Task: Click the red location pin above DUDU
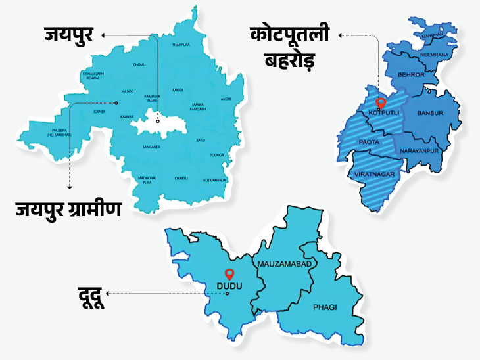click(229, 274)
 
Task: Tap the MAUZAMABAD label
click(284, 263)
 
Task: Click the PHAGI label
click(325, 306)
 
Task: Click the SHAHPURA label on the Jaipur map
click(181, 45)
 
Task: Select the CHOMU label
click(139, 65)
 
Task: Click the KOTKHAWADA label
click(214, 179)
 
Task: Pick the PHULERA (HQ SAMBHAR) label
click(59, 133)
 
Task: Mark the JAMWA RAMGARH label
click(198, 106)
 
